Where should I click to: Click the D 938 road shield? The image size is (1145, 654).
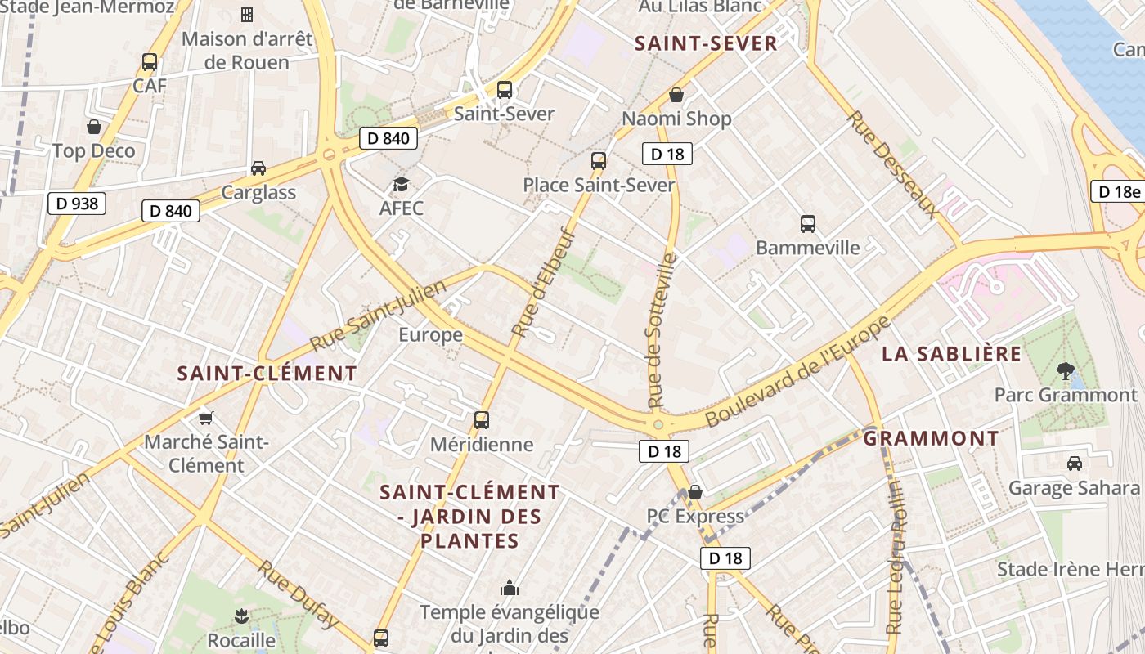coord(78,203)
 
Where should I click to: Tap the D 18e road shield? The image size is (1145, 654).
coord(1118,191)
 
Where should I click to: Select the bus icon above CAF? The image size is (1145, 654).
coord(150,62)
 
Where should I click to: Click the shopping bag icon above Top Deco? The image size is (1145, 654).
coord(94,127)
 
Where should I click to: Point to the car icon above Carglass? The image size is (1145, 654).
coord(258,168)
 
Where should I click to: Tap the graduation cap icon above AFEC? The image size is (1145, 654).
coord(401,184)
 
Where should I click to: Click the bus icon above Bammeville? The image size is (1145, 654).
coord(808,223)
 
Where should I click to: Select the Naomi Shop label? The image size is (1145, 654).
coord(676,119)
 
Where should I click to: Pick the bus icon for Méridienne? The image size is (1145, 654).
coord(482,420)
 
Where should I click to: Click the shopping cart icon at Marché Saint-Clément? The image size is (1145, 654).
coord(206,418)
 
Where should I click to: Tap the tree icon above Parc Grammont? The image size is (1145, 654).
coord(1065,370)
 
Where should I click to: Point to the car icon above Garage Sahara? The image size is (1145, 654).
coord(1075,464)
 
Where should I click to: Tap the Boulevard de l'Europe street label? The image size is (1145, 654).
coord(797,371)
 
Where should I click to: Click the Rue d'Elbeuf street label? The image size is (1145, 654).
coord(544,283)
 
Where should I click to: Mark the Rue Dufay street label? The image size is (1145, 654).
coord(299,594)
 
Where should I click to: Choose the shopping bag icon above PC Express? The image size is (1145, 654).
coord(695,492)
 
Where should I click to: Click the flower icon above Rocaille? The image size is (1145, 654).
coord(241,616)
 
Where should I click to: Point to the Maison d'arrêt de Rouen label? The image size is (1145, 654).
coord(236,51)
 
